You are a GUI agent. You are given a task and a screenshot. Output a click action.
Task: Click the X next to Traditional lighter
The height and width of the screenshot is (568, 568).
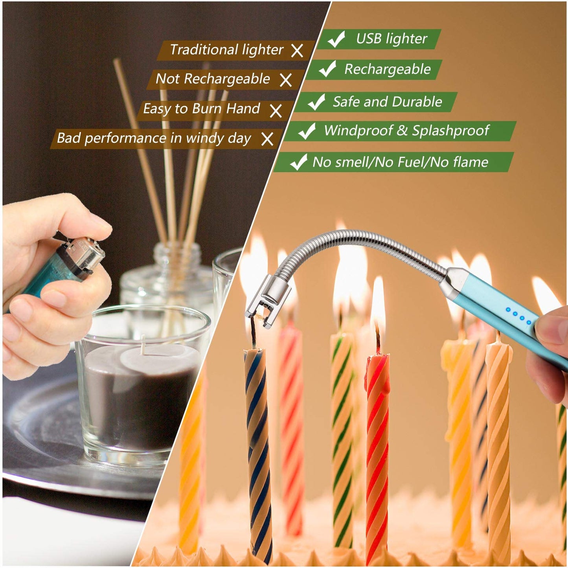[x=297, y=50]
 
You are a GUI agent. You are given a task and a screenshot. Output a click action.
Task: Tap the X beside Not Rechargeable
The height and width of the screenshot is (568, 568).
[x=286, y=80]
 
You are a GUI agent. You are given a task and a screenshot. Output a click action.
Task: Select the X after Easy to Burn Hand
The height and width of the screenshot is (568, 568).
[x=276, y=110]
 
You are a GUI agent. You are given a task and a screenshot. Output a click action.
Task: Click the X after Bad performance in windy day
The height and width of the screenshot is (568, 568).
[x=267, y=139]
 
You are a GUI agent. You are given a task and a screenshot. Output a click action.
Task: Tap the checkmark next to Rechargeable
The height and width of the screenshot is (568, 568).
[x=327, y=69]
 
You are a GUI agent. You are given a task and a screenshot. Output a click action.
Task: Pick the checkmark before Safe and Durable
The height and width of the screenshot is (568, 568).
[x=316, y=102]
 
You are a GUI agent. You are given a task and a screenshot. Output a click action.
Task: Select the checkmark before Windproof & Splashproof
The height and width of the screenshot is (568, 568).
[x=307, y=131]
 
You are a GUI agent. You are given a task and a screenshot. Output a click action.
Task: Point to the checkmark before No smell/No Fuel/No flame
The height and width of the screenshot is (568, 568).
[x=298, y=162]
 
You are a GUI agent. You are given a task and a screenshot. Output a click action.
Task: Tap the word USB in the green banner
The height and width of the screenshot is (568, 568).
[x=368, y=39]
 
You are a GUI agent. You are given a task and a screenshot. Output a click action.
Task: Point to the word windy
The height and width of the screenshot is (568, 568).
[x=204, y=138]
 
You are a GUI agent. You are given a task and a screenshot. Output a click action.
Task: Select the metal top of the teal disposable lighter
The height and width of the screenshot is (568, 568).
[x=85, y=256]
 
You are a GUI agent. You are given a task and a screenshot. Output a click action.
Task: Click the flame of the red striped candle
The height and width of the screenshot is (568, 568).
[x=378, y=303]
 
